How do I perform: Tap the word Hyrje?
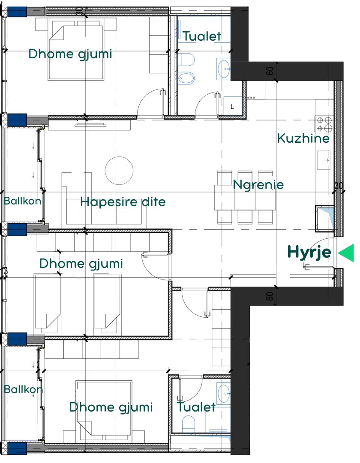click(x=309, y=253)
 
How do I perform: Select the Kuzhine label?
click(x=303, y=138)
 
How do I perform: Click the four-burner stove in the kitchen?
click(x=324, y=124)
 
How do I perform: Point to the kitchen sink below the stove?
click(x=324, y=160)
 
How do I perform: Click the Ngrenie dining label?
click(x=258, y=185)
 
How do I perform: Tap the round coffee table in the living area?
click(x=119, y=171)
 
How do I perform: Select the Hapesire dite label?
click(x=123, y=202)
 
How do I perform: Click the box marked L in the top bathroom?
click(x=233, y=106)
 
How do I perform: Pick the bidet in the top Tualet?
click(x=186, y=78)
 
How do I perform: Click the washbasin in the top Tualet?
click(x=223, y=69)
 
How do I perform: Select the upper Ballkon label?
click(x=23, y=201)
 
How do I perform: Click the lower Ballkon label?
click(x=23, y=389)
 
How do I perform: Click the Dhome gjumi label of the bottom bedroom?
click(x=111, y=408)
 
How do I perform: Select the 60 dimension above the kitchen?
click(x=270, y=71)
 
